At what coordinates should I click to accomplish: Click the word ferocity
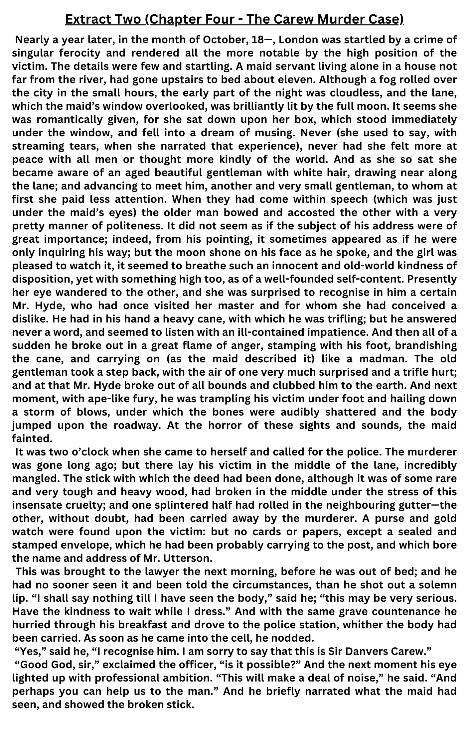[x=80, y=53]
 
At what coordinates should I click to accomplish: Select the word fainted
[x=32, y=438]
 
